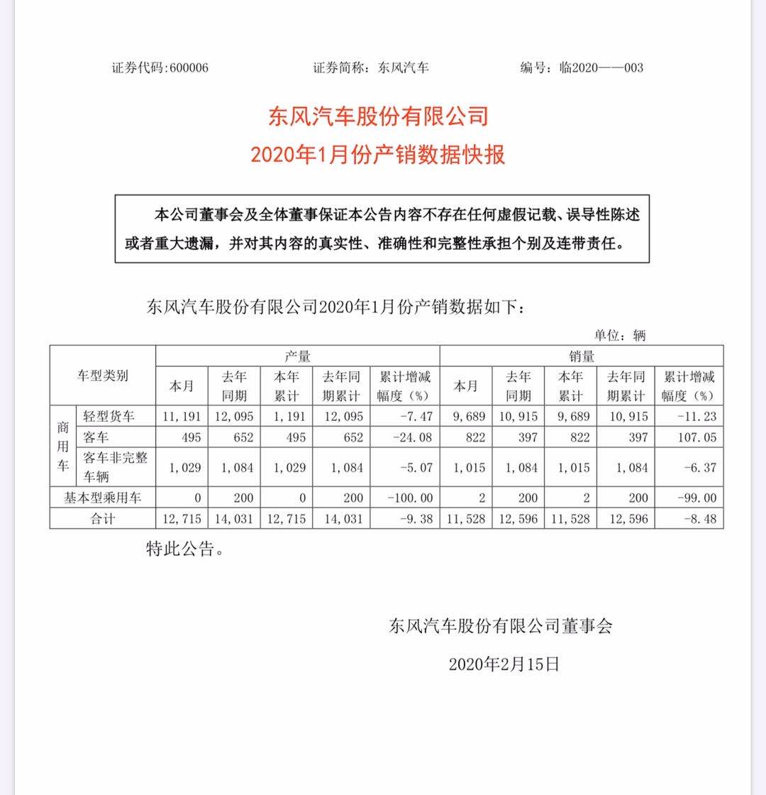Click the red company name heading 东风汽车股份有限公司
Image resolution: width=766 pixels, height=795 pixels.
click(x=378, y=116)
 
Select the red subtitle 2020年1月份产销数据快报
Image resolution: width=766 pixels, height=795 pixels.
click(x=378, y=154)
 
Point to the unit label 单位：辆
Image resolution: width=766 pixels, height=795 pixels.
click(x=620, y=335)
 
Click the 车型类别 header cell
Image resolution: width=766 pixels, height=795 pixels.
click(x=103, y=376)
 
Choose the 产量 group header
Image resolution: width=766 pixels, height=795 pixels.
click(x=297, y=356)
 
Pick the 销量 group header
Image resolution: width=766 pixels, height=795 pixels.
click(x=582, y=356)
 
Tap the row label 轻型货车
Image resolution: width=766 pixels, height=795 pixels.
click(x=109, y=417)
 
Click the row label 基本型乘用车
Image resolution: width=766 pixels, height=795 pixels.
click(x=103, y=498)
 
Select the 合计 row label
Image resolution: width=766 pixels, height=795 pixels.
click(x=103, y=519)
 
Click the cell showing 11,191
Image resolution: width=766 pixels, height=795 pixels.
click(x=183, y=417)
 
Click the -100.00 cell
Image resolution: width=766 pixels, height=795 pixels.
click(x=409, y=498)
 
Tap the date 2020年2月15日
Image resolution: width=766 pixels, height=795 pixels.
click(x=504, y=664)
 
